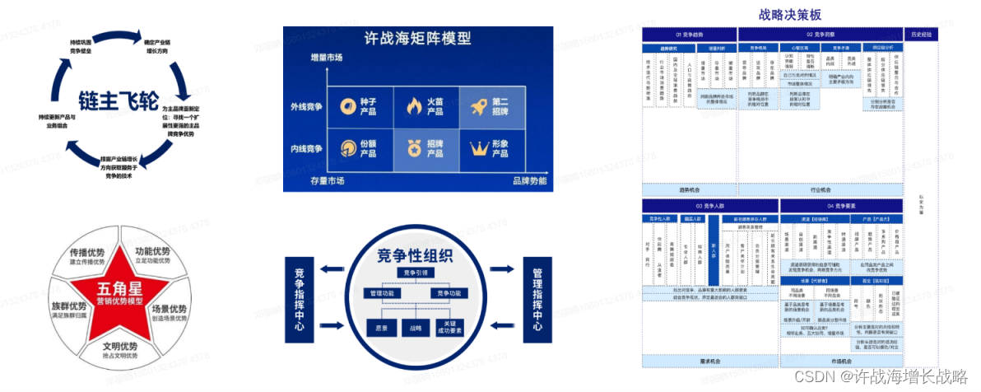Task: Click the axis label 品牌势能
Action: pos(530,180)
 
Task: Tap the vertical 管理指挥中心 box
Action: pos(535,298)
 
